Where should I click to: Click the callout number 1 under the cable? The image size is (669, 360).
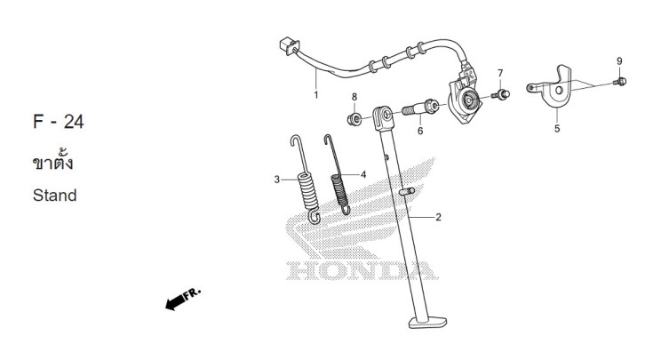pyautogui.click(x=315, y=95)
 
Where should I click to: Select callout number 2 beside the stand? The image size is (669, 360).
pyautogui.click(x=438, y=218)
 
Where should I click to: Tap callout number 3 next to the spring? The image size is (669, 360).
pyautogui.click(x=277, y=180)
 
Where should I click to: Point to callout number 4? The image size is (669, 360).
pyautogui.click(x=363, y=174)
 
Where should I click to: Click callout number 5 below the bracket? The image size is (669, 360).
pyautogui.click(x=557, y=129)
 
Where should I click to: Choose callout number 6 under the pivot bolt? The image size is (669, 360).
pyautogui.click(x=420, y=131)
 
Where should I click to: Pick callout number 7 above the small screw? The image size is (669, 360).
pyautogui.click(x=500, y=74)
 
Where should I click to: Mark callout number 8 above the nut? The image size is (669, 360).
pyautogui.click(x=354, y=98)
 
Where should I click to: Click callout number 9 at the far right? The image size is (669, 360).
pyautogui.click(x=619, y=61)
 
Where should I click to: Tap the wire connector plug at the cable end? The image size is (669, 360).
pyautogui.click(x=289, y=45)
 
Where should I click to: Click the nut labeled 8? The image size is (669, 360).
pyautogui.click(x=354, y=119)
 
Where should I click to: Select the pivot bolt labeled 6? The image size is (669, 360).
pyautogui.click(x=420, y=108)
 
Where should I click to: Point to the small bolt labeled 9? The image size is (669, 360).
pyautogui.click(x=620, y=81)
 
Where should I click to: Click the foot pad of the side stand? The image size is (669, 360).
pyautogui.click(x=428, y=323)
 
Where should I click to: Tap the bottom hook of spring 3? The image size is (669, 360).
pyautogui.click(x=315, y=218)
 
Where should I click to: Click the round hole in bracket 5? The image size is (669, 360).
pyautogui.click(x=558, y=91)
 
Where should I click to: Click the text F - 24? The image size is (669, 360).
pyautogui.click(x=59, y=122)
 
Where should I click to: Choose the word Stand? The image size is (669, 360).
pyautogui.click(x=54, y=196)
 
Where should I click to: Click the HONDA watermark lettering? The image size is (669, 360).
pyautogui.click(x=362, y=271)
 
